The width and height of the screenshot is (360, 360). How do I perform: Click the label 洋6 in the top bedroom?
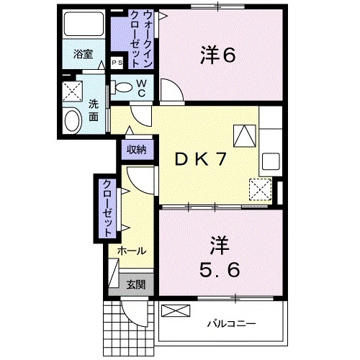(x=216, y=55)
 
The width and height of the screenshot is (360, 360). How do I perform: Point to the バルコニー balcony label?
(x=232, y=323)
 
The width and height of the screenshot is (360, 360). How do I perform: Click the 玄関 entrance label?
(x=135, y=284)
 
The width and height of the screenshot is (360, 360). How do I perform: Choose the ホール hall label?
(x=132, y=251)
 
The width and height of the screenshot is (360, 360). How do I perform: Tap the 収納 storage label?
(x=137, y=150)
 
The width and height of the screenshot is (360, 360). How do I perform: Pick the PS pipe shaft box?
(x=117, y=63)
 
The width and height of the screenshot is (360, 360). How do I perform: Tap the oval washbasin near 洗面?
(x=72, y=120)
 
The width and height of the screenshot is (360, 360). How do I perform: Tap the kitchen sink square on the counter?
(x=272, y=159)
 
